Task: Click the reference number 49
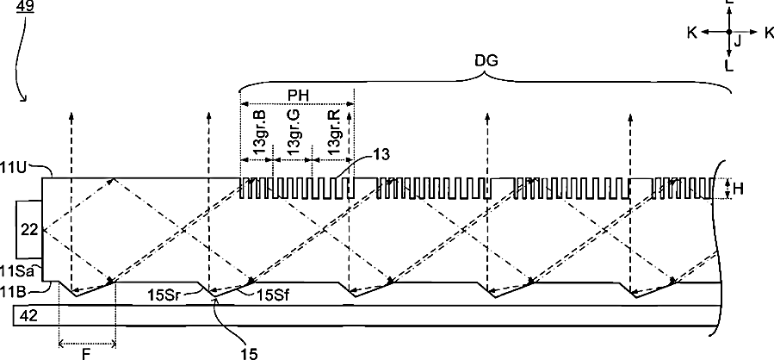(x=25, y=6)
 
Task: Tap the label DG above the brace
(x=486, y=60)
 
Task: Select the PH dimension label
(x=298, y=96)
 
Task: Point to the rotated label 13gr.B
(x=261, y=132)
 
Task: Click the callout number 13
(x=381, y=154)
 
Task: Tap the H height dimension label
(x=738, y=188)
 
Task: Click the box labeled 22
(x=29, y=230)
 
